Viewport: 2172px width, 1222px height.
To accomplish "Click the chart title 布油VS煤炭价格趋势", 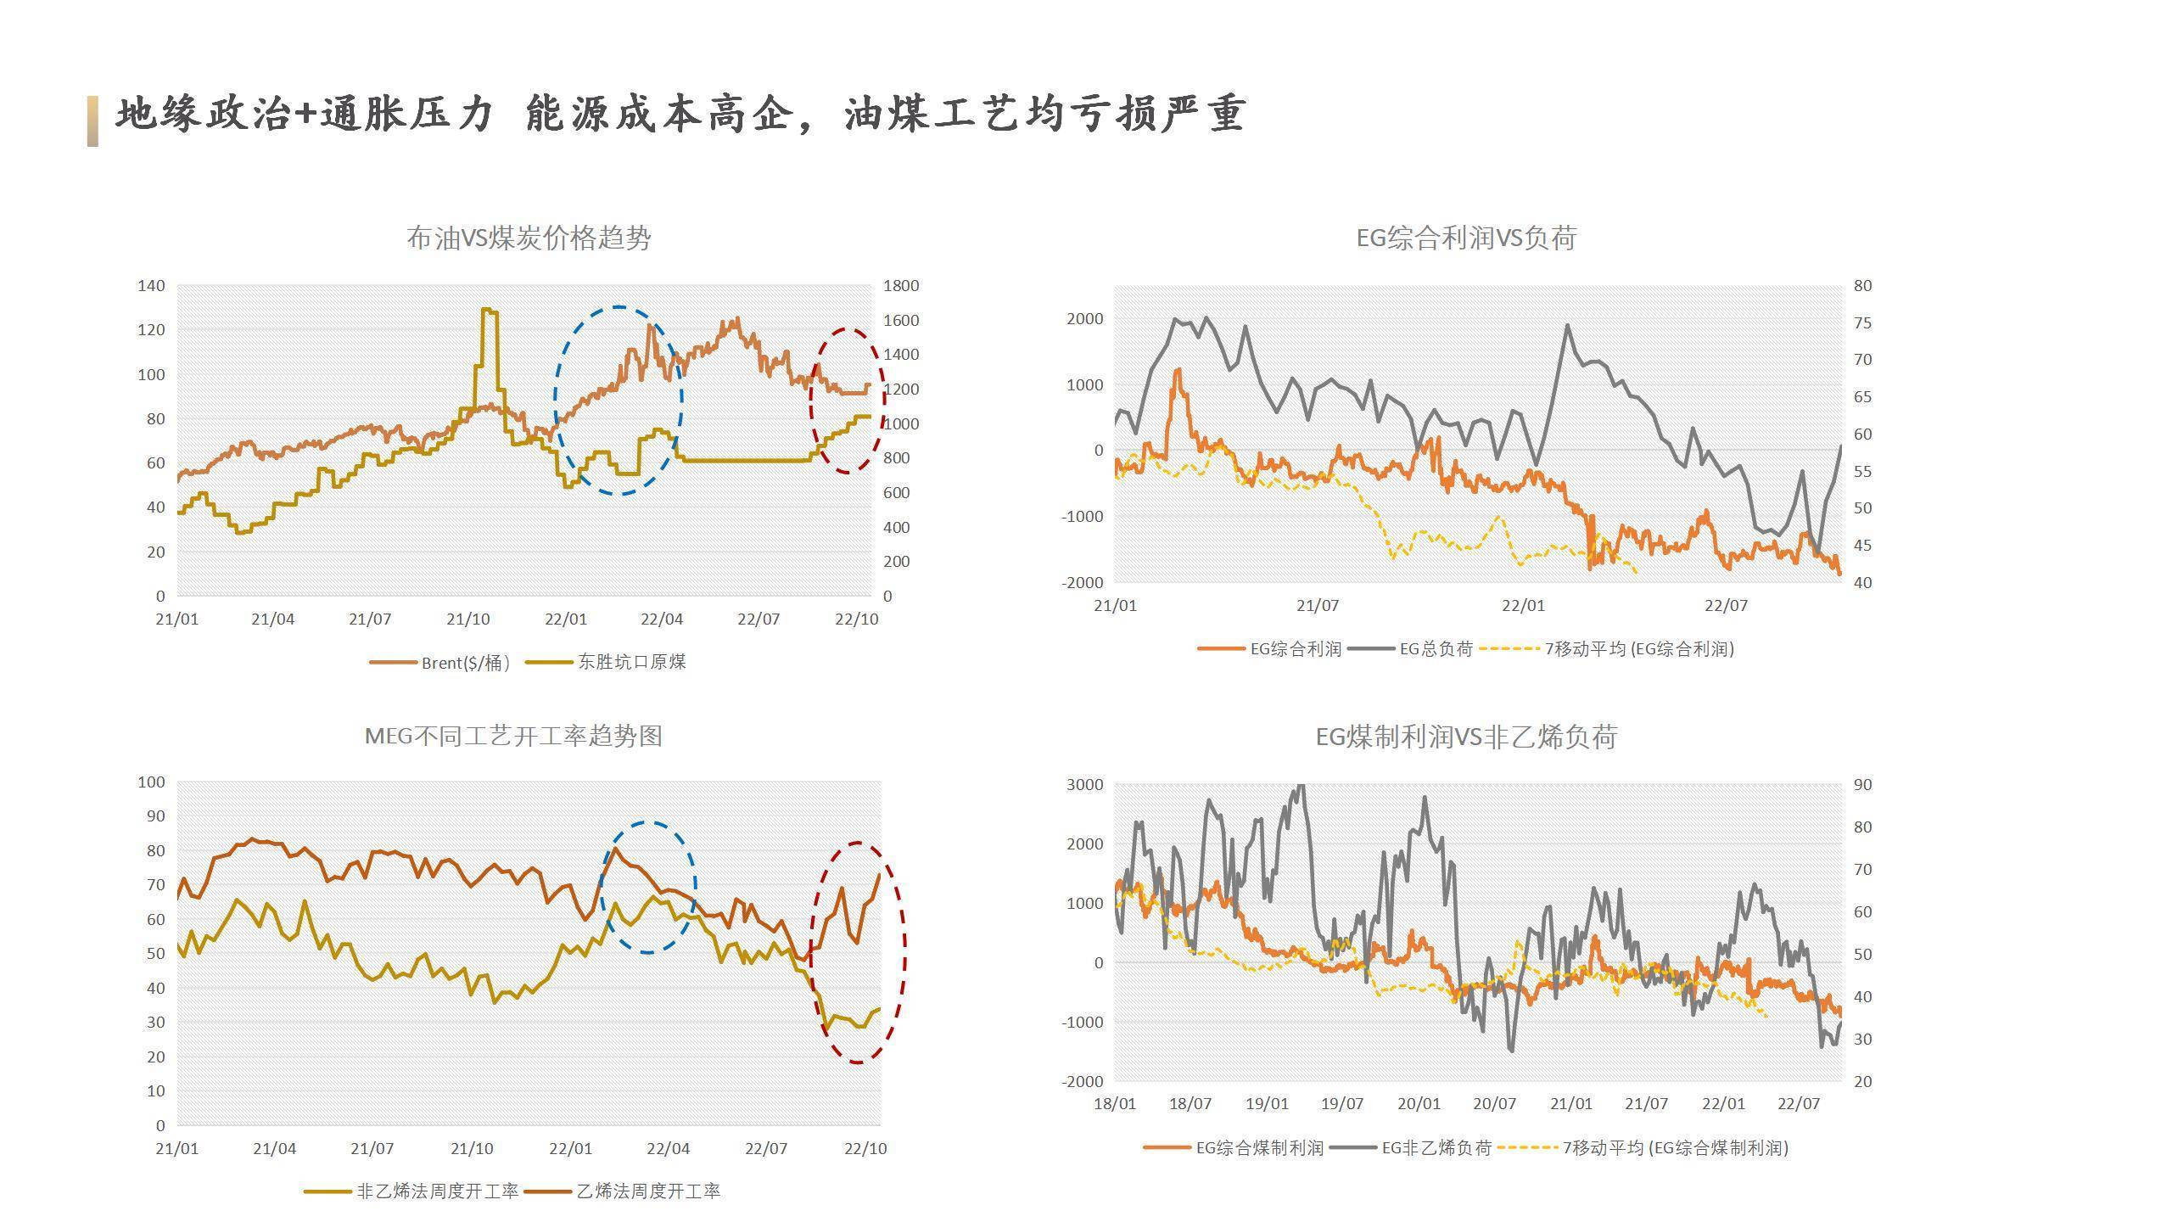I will tap(529, 238).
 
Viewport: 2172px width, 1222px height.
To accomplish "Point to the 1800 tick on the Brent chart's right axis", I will tap(901, 286).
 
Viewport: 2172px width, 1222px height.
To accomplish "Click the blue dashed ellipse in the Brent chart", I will tap(556, 399).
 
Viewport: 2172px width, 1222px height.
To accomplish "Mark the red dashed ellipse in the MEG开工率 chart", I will tap(904, 950).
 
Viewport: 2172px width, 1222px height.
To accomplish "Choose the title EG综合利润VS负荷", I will tap(1465, 238).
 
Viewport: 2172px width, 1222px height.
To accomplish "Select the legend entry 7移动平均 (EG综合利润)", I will tap(1638, 649).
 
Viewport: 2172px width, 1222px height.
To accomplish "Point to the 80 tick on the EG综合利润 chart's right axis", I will tap(1862, 286).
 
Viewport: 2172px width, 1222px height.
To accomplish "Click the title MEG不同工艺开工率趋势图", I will tap(513, 736).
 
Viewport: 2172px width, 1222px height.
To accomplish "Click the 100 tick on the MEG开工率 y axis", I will tap(151, 782).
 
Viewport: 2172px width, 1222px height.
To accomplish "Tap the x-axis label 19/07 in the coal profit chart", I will tap(1342, 1104).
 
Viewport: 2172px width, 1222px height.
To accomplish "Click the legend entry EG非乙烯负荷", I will tap(1436, 1148).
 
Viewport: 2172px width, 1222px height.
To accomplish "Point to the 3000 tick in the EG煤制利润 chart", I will tap(1084, 785).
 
